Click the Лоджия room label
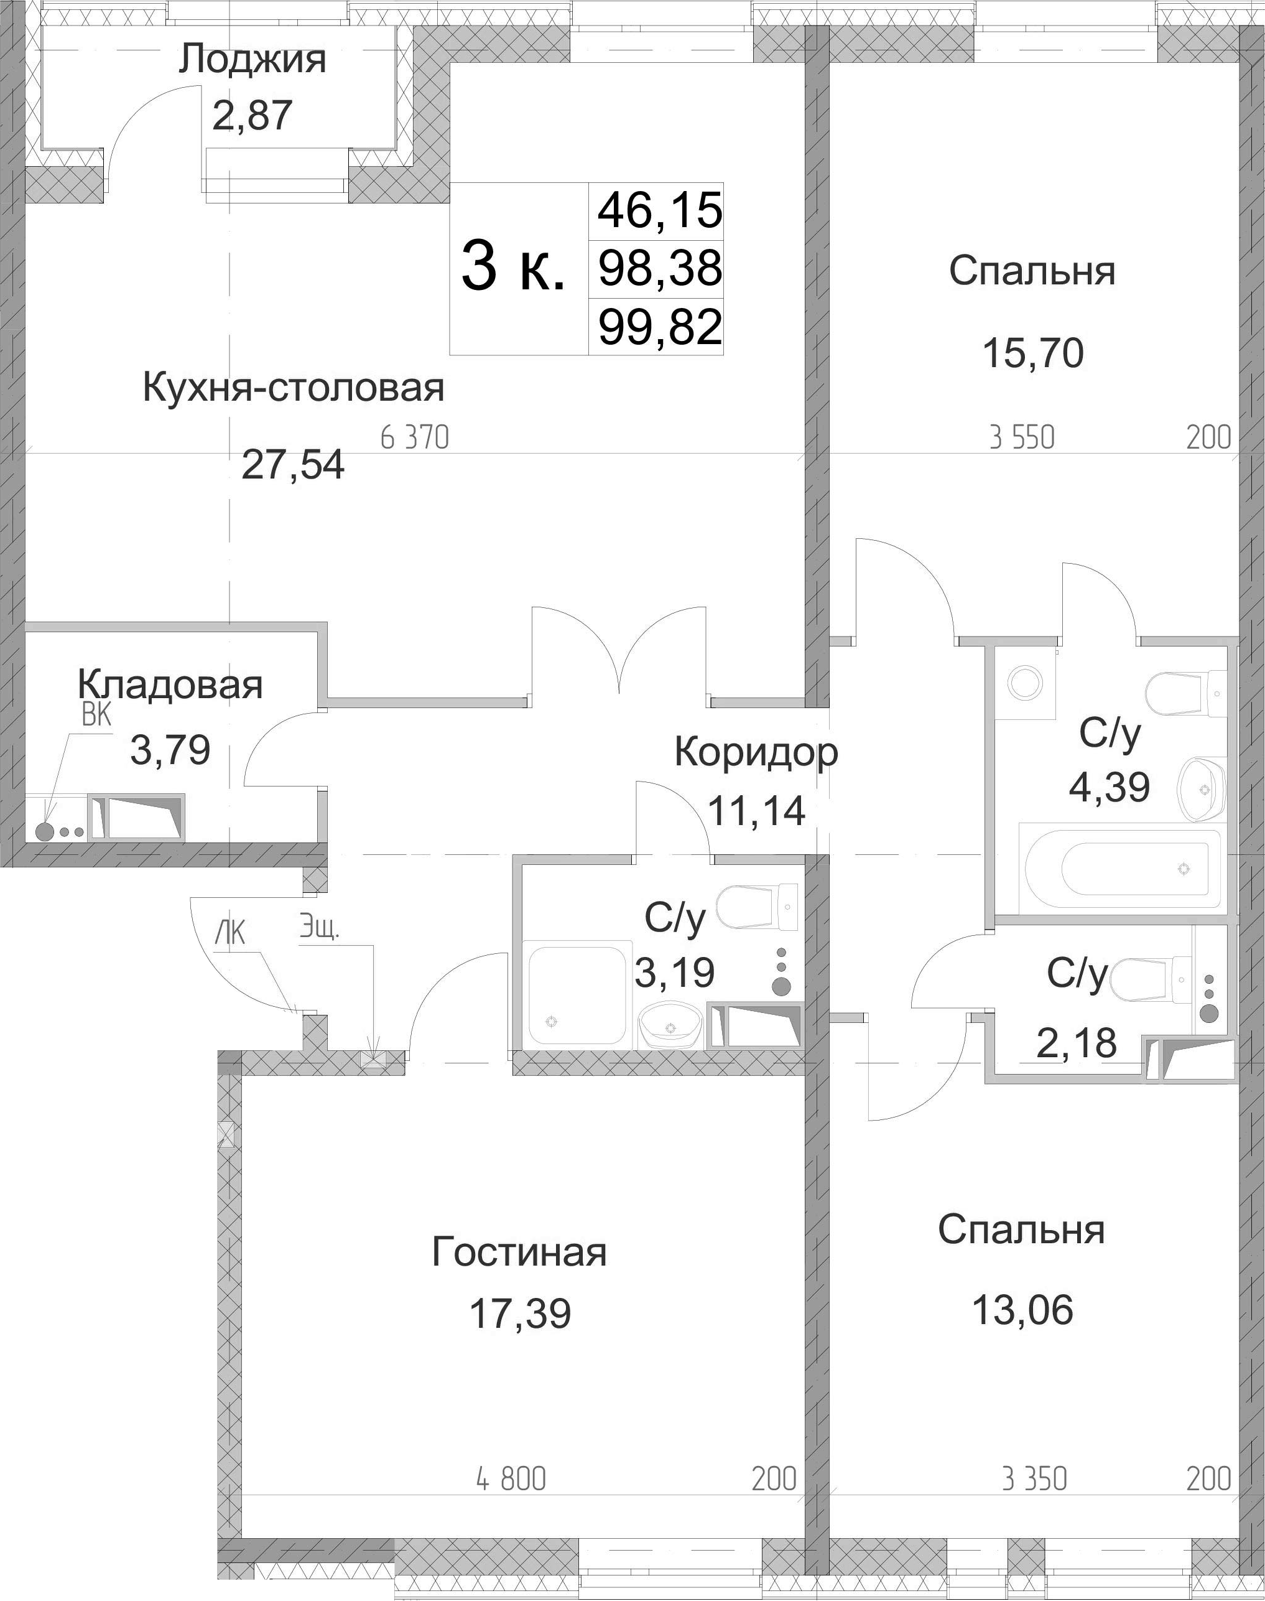(x=252, y=59)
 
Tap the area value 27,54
(x=294, y=465)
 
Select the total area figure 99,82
(x=660, y=327)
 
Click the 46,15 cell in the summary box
(x=660, y=210)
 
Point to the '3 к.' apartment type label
(x=513, y=268)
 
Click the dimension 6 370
(x=415, y=438)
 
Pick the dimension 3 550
(x=1022, y=438)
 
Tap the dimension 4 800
(x=511, y=1479)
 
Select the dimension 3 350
(x=1035, y=1479)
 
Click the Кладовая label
(x=170, y=684)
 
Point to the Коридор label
(x=756, y=753)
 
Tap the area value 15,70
(x=1032, y=353)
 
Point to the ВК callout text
(x=96, y=716)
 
